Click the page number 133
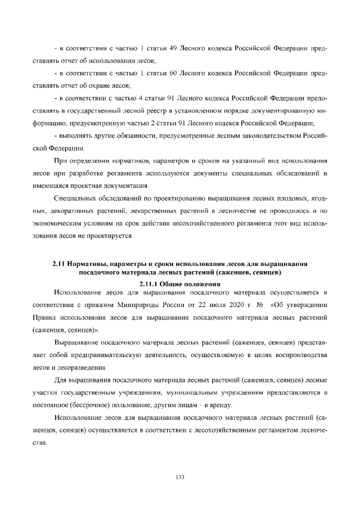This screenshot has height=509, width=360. point(180,477)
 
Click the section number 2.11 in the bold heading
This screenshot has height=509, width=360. point(58,263)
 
